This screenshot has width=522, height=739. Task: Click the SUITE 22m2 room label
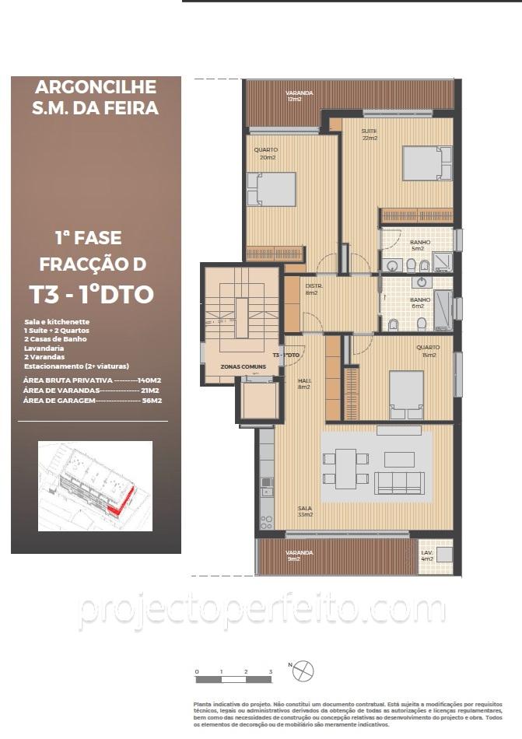pyautogui.click(x=369, y=135)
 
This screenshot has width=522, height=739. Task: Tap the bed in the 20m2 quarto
pyautogui.click(x=272, y=189)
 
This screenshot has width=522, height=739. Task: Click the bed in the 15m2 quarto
pyautogui.click(x=406, y=394)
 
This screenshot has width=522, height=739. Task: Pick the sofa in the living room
pyautogui.click(x=399, y=482)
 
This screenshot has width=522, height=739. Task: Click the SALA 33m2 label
pyautogui.click(x=305, y=511)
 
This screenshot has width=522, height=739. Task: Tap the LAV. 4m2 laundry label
pyautogui.click(x=427, y=555)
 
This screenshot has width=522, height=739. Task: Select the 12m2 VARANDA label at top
pyautogui.click(x=300, y=96)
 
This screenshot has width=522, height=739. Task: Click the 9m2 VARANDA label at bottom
pyautogui.click(x=300, y=555)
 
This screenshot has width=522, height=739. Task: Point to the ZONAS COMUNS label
pyautogui.click(x=238, y=366)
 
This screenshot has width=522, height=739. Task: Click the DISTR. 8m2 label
pyautogui.click(x=312, y=289)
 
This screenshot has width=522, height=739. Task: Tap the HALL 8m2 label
pyautogui.click(x=305, y=383)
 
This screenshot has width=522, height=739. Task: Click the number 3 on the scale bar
pyautogui.click(x=270, y=671)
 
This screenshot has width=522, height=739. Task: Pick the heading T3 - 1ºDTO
pyautogui.click(x=91, y=295)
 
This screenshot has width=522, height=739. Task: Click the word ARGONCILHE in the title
pyautogui.click(x=96, y=87)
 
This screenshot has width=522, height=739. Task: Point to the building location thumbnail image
pyautogui.click(x=95, y=486)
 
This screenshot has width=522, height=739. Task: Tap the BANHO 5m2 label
pyautogui.click(x=420, y=245)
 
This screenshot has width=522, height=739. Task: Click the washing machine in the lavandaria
pyautogui.click(x=444, y=555)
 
